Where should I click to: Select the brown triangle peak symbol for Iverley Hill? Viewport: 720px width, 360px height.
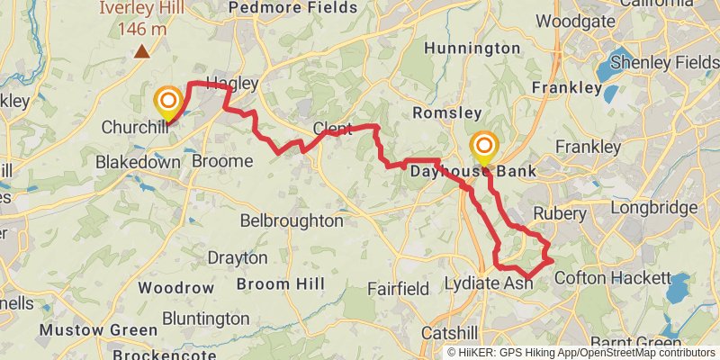141,51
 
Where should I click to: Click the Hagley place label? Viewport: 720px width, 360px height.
232,84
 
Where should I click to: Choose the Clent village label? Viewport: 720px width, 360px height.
332,130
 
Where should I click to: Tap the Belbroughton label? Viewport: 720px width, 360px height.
292,220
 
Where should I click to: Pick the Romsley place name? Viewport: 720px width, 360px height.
442,112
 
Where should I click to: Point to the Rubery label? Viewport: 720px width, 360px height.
560,214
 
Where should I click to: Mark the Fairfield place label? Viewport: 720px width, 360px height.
398,289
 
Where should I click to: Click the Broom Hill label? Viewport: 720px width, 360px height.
268,284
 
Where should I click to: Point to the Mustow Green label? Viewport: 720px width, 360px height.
98,330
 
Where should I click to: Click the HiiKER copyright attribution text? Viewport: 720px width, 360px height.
580,352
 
